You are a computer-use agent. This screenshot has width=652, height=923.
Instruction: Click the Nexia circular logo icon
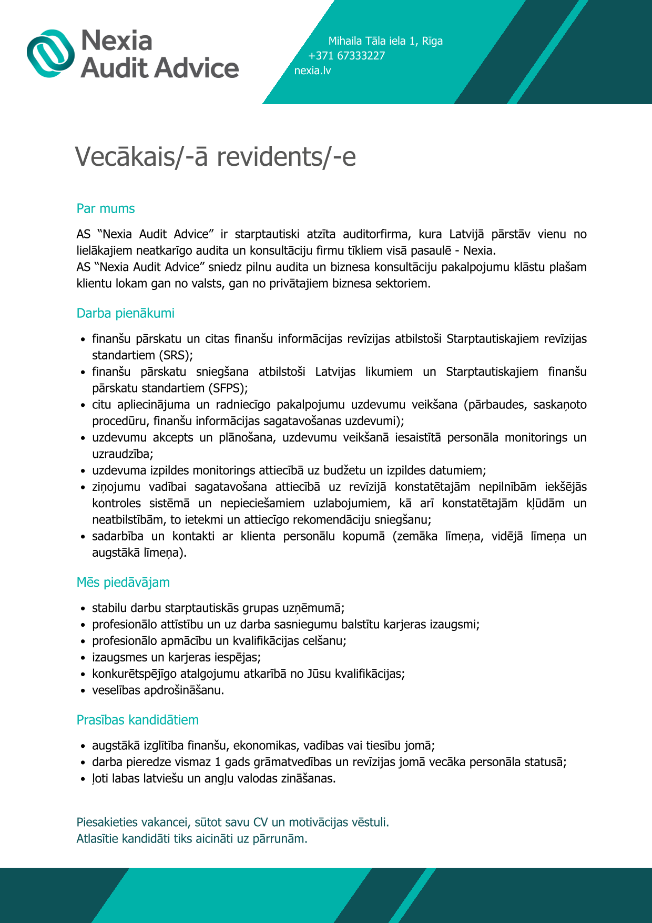pos(51,53)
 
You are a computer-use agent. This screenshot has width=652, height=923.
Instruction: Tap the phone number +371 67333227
pos(347,56)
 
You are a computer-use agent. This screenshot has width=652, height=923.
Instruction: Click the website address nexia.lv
pos(312,71)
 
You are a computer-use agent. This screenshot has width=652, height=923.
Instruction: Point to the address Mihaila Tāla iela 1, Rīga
pos(385,41)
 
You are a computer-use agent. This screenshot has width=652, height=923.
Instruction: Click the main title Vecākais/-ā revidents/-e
pos(216,157)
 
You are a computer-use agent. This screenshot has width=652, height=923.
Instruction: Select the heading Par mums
pos(106,209)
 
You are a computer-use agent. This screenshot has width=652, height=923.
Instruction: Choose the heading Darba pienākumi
pos(126,314)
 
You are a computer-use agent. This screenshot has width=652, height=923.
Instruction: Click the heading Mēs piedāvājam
pos(123,583)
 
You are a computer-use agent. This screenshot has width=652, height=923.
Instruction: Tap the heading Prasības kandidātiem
pos(138,720)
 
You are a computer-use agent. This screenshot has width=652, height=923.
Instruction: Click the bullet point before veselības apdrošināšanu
pos(83,691)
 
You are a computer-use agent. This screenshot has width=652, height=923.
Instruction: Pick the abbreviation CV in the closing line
pos(261,822)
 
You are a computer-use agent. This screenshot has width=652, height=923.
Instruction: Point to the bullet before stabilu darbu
pos(83,609)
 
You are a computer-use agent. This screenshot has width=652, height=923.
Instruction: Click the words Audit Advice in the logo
pos(160,68)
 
